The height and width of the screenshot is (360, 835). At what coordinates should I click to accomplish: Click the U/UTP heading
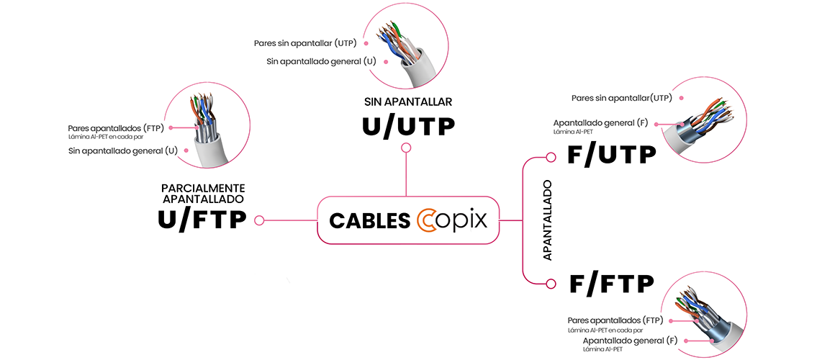pos(407,127)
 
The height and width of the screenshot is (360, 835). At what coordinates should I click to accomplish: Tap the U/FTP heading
pos(202,220)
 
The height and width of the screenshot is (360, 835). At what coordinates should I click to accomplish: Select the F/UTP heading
pos(612,155)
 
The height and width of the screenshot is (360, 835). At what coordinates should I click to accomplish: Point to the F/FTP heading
pos(611,284)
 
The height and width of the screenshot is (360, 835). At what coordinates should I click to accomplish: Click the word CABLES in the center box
pos(369,221)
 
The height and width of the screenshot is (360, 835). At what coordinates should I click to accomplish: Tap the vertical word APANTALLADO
pos(547,220)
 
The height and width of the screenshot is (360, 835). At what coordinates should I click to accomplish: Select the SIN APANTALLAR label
pos(407,102)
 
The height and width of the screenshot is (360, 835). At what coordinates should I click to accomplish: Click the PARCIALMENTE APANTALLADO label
pos(202,193)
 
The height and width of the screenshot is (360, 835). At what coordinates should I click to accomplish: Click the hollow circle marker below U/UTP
pos(407,148)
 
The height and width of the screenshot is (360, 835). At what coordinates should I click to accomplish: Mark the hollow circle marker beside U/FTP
pos(259,220)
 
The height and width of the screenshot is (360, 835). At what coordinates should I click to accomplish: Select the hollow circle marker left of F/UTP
pos(551,157)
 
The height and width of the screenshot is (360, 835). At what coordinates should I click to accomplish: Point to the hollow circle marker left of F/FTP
pos(551,283)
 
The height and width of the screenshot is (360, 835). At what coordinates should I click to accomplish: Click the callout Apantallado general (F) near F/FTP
pos(630,340)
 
